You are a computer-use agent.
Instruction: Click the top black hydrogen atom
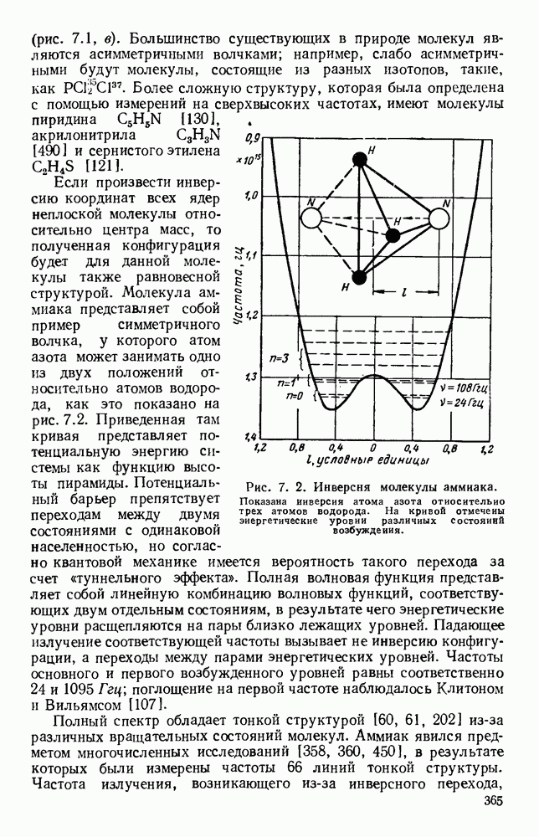tap(359, 159)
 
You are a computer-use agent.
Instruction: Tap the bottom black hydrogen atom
tap(359, 278)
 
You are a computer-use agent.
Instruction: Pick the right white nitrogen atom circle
tap(440, 219)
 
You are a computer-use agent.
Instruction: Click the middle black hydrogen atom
tap(392, 234)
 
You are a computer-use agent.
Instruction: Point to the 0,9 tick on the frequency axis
tap(252, 136)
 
